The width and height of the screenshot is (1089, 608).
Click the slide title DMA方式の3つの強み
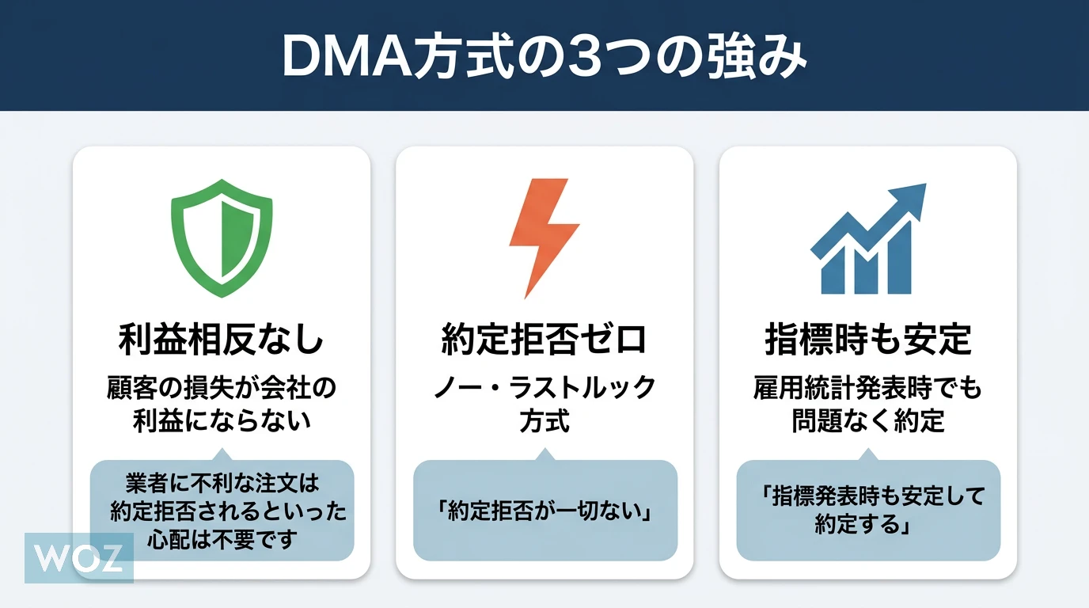tap(544, 55)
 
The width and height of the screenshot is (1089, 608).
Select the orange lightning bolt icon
tap(544, 237)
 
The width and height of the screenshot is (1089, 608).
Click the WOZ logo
tap(79, 558)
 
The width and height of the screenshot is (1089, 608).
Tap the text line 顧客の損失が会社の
tap(222, 389)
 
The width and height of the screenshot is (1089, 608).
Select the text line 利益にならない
tap(222, 420)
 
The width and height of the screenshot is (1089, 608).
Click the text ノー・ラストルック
tap(544, 389)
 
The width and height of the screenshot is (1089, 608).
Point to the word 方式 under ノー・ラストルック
tap(544, 420)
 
